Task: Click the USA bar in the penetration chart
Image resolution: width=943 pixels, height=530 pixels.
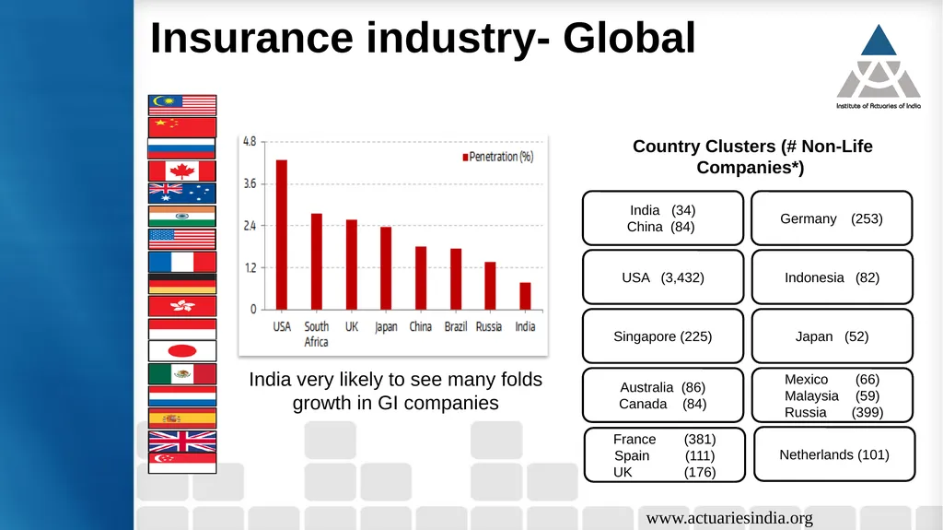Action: pos(282,235)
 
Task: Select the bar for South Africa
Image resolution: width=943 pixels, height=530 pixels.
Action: pos(317,262)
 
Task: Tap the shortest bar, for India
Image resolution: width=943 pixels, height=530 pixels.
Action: pos(525,296)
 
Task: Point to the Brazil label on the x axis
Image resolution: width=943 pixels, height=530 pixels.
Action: pos(455,326)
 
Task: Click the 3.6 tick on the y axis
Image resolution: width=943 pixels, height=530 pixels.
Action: pos(250,183)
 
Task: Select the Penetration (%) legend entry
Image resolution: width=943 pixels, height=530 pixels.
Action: pos(498,157)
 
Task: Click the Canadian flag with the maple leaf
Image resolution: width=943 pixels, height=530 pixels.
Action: pos(182,171)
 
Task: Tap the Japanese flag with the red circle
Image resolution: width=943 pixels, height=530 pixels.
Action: pos(182,350)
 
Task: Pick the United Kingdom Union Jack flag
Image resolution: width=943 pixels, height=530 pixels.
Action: pos(182,442)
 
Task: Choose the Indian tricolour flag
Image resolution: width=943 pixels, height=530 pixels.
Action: pos(182,217)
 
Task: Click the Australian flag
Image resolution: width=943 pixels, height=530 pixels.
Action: pos(182,194)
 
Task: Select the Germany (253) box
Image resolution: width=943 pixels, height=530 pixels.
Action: pos(832,218)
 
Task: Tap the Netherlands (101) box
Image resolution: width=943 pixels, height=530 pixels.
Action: pos(834,454)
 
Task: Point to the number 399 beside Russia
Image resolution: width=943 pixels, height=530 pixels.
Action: pos(867,413)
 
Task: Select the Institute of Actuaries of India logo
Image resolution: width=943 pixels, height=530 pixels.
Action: pos(878,66)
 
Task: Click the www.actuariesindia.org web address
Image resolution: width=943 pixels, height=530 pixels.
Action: pos(729,518)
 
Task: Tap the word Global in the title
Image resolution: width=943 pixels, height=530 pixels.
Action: pos(629,38)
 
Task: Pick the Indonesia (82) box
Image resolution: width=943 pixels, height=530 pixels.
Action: pos(832,277)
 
